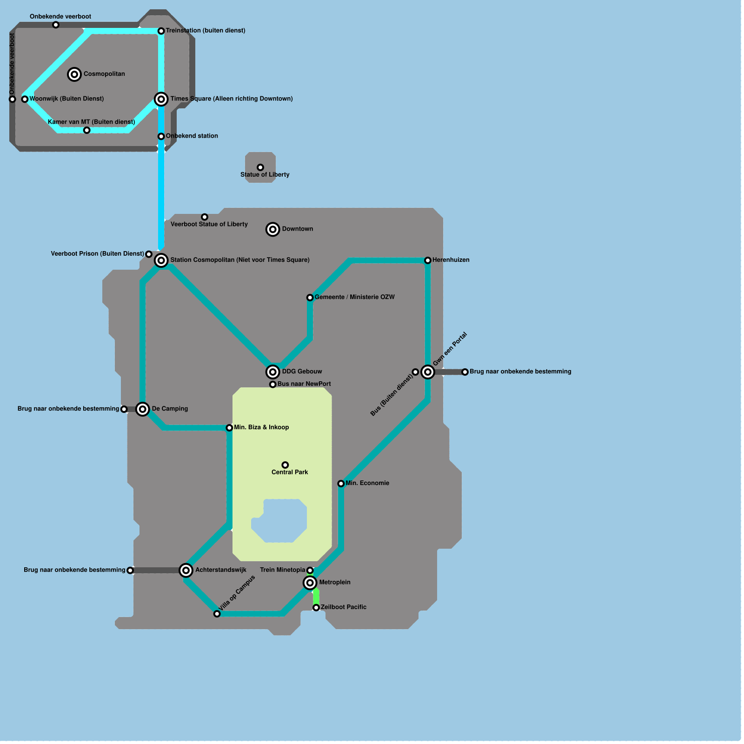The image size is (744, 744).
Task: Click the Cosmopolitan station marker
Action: (x=74, y=74)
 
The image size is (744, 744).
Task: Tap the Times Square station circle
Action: (x=161, y=99)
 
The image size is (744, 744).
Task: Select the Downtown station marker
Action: (x=273, y=229)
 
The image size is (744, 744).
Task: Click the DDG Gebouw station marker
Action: (x=273, y=372)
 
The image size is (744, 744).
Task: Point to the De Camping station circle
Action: (x=143, y=409)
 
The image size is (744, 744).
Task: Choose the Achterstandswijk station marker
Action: (x=186, y=570)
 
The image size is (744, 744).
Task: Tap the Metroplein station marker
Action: (x=310, y=583)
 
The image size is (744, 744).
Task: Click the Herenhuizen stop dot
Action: (x=428, y=260)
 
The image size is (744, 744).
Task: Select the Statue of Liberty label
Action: (x=265, y=175)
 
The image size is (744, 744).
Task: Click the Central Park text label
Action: (x=290, y=472)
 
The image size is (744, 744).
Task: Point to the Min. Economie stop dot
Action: (x=341, y=484)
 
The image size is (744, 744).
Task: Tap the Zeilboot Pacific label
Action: (x=343, y=607)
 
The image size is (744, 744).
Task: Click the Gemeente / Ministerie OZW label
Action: (x=354, y=297)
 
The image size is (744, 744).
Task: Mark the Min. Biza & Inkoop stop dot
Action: (x=229, y=428)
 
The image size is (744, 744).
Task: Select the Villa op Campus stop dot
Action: (x=217, y=614)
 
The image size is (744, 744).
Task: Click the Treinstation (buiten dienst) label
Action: (x=206, y=31)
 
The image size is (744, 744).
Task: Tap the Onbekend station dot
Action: (x=161, y=136)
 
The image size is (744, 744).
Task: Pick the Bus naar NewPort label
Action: (x=304, y=384)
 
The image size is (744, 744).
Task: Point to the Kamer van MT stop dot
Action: (x=87, y=130)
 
